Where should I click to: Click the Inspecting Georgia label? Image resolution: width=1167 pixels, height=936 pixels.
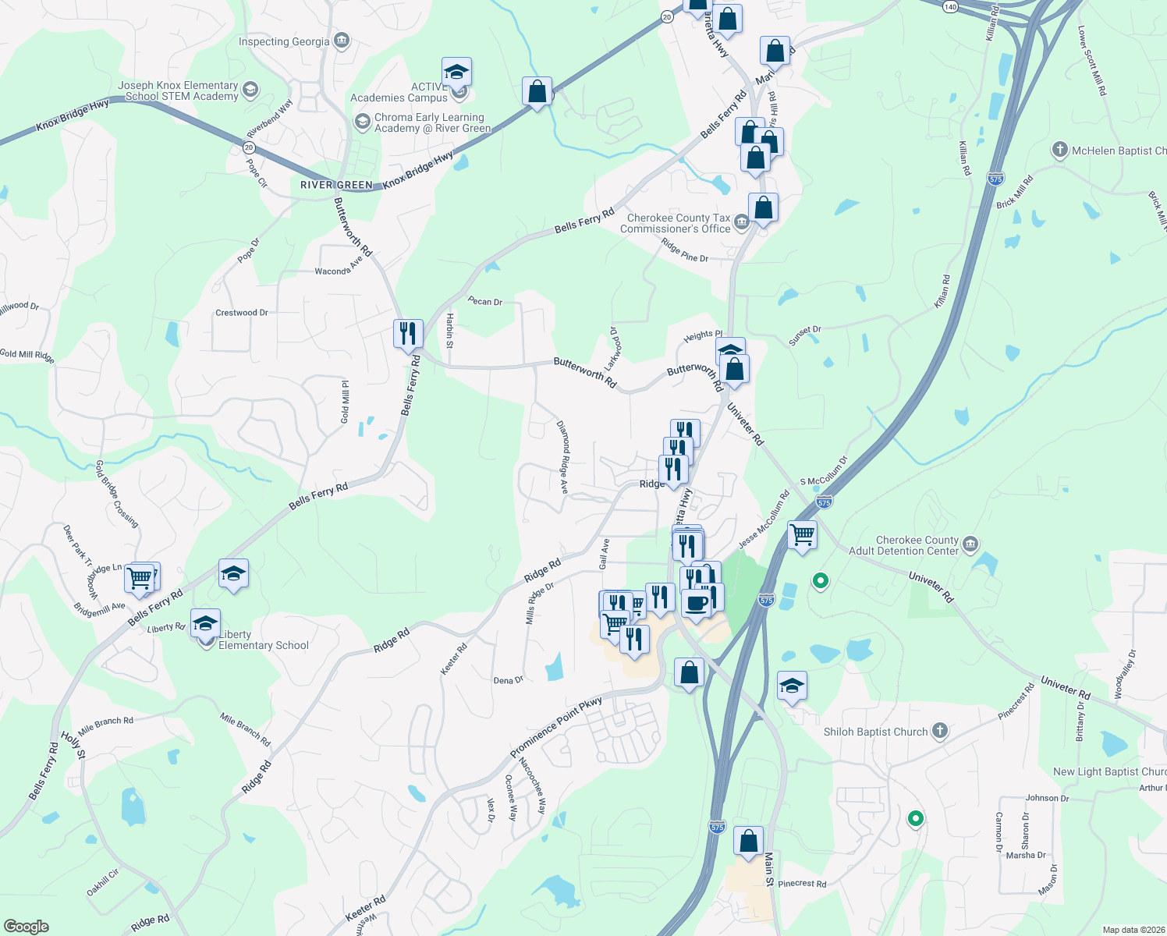(284, 42)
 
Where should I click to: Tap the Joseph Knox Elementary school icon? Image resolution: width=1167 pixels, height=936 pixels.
(250, 89)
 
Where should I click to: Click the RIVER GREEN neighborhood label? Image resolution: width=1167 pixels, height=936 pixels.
(336, 185)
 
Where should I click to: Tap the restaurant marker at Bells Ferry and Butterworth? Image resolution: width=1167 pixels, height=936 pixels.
(408, 334)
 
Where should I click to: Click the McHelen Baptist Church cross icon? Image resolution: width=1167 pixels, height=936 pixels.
(1059, 151)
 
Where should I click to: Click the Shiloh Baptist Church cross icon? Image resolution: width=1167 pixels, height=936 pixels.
(940, 731)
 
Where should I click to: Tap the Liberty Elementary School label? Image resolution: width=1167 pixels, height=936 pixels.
(264, 640)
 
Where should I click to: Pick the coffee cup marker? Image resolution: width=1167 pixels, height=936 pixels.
(696, 603)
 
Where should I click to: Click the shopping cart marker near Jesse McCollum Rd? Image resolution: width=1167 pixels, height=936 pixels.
(802, 535)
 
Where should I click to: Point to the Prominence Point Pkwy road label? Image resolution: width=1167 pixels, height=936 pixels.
(556, 728)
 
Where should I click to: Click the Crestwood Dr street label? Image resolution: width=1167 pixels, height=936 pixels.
(242, 313)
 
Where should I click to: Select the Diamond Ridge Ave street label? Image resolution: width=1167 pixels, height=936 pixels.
(563, 457)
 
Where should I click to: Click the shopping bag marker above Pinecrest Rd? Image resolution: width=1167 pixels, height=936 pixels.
(748, 842)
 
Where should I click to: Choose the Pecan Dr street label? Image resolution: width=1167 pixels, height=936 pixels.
(484, 301)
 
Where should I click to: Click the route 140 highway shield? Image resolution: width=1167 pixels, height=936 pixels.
(949, 6)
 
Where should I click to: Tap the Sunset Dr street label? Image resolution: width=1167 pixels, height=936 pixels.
(805, 335)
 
